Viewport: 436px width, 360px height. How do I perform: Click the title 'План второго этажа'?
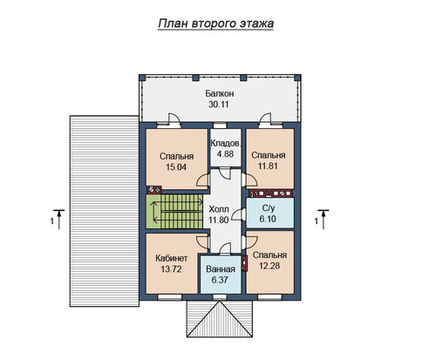(x=216, y=24)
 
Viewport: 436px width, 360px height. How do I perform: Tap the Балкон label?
(x=220, y=93)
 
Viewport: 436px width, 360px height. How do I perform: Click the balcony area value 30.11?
(x=219, y=105)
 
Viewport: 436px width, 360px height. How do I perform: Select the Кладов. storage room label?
(x=226, y=143)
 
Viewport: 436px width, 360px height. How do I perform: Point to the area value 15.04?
(x=176, y=167)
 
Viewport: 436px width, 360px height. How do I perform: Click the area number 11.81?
(x=268, y=166)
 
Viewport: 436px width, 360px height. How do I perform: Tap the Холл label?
(x=219, y=209)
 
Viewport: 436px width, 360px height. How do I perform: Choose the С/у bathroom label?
(x=269, y=208)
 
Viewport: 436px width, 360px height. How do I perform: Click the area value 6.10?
(x=268, y=219)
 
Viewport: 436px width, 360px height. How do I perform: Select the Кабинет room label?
(x=172, y=258)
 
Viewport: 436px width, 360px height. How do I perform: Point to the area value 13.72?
(x=171, y=269)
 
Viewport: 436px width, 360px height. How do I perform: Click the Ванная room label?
(x=221, y=269)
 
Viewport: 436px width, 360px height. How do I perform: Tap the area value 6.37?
(x=220, y=280)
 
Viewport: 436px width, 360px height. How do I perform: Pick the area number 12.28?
(x=269, y=266)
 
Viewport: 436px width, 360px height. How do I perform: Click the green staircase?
(x=174, y=211)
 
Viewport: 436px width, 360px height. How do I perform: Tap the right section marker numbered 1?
(x=322, y=220)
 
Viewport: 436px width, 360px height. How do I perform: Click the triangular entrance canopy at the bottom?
(x=220, y=319)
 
